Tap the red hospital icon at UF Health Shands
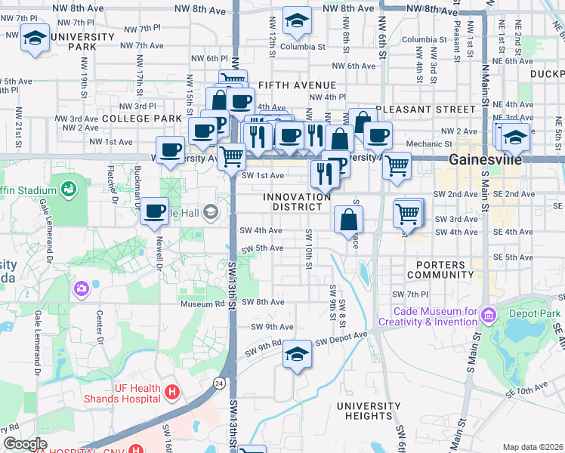pyautogui.click(x=173, y=392)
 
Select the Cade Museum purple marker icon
pyautogui.click(x=488, y=314)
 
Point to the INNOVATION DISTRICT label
pyautogui.click(x=297, y=202)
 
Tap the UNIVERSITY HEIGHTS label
pyautogui.click(x=369, y=411)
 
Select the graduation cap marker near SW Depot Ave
pyautogui.click(x=298, y=353)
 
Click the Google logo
pyautogui.click(x=25, y=444)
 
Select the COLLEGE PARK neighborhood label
pyautogui.click(x=141, y=119)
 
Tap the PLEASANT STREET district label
pyautogui.click(x=426, y=109)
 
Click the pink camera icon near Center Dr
pyautogui.click(x=81, y=288)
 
